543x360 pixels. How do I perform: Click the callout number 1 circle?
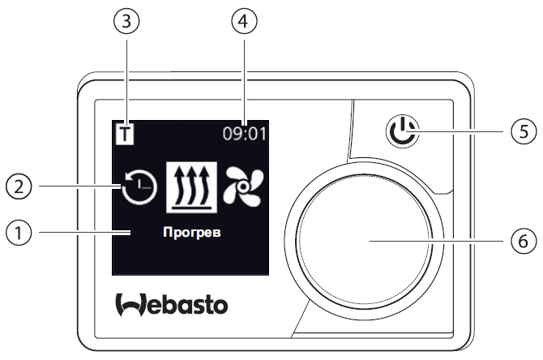pyautogui.click(x=19, y=232)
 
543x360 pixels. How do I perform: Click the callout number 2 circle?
pyautogui.click(x=19, y=186)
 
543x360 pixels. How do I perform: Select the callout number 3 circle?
pyautogui.click(x=126, y=21)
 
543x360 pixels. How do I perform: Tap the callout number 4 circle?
pyautogui.click(x=245, y=21)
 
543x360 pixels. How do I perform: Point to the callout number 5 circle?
pyautogui.click(x=524, y=131)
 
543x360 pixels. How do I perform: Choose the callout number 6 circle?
pyautogui.click(x=524, y=241)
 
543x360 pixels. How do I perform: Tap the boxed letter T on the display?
pyautogui.click(x=124, y=135)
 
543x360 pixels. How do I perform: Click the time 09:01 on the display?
pyautogui.click(x=245, y=134)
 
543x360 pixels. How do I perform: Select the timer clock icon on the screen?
pyautogui.click(x=139, y=187)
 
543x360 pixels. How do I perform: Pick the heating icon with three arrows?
pyautogui.click(x=192, y=187)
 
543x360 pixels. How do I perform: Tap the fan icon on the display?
pyautogui.click(x=243, y=186)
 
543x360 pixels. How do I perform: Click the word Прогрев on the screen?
pyautogui.click(x=192, y=233)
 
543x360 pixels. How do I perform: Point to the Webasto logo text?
pyautogui.click(x=172, y=305)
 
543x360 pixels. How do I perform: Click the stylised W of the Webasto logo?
pyautogui.click(x=130, y=305)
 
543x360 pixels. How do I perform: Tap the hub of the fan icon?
pyautogui.click(x=243, y=186)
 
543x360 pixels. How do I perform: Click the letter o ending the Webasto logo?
pyautogui.click(x=220, y=306)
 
